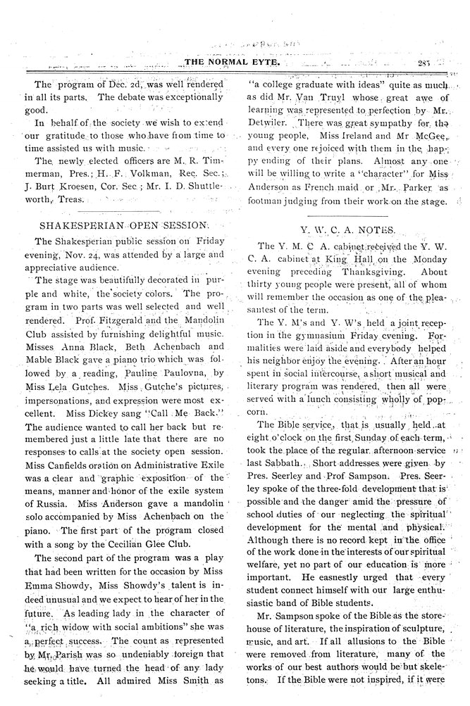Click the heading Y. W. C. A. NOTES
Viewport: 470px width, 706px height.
[348, 229]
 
